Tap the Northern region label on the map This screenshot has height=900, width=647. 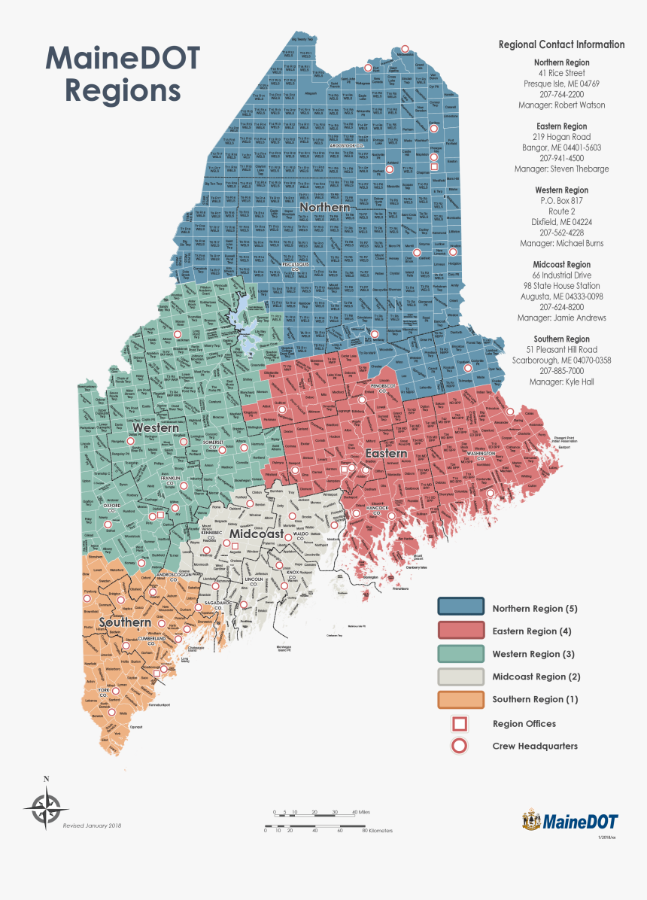pos(324,207)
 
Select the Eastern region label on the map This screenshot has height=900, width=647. pos(386,454)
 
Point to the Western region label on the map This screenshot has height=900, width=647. pos(156,427)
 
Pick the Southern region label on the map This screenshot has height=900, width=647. pos(124,622)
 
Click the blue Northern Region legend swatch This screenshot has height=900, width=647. pos(460,608)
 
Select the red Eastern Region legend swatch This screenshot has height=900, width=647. pos(460,631)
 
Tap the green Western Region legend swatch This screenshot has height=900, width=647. pos(460,654)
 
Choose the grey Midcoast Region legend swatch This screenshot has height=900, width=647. pos(460,677)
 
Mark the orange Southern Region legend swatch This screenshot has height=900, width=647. pos(460,699)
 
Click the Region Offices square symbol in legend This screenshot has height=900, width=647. pos(459,724)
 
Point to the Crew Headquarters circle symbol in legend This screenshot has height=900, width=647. pos(459,746)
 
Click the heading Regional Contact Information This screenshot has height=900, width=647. pos(561,44)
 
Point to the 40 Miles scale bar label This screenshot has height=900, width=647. pos(361,813)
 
